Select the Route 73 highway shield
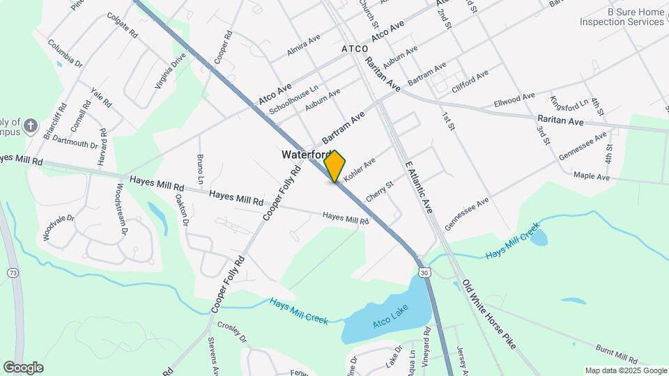13,274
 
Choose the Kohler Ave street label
360,168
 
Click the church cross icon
31,126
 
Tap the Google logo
23,367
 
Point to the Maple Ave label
591,178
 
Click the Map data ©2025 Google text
625,370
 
